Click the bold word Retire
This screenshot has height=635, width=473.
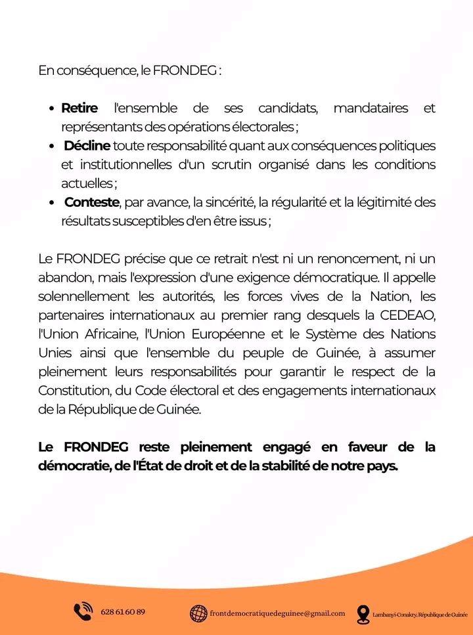(79, 108)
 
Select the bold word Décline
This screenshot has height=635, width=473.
(87, 145)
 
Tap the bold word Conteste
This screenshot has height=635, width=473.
(91, 202)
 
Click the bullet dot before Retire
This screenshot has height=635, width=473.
(52, 108)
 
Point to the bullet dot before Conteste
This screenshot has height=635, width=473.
(52, 203)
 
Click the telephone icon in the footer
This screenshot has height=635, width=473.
(83, 612)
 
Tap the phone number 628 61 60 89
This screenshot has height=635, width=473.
(123, 612)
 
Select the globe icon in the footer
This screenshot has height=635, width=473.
(198, 613)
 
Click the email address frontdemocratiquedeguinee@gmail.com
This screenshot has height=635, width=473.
(277, 613)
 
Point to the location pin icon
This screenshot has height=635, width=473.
(363, 613)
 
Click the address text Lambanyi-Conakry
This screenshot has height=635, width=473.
(394, 614)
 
